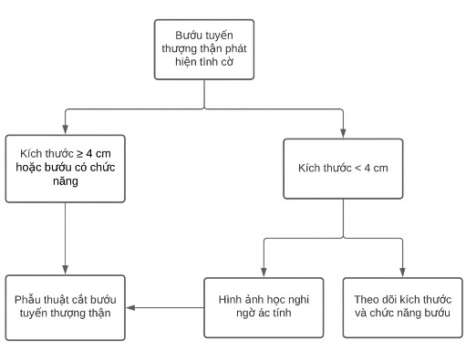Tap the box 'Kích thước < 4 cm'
pos(342,169)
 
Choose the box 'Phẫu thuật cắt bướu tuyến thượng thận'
pos(65,306)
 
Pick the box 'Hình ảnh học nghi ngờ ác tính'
pos(263,306)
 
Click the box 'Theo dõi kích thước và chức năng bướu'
pos(401,306)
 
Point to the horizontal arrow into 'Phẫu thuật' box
pos(164,307)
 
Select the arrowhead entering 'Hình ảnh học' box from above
pos(263,271)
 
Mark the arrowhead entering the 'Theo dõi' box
pos(401,271)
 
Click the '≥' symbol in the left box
pos(78,152)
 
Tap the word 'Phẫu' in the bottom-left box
pos(29,299)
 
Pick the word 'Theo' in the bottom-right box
pos(368,299)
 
